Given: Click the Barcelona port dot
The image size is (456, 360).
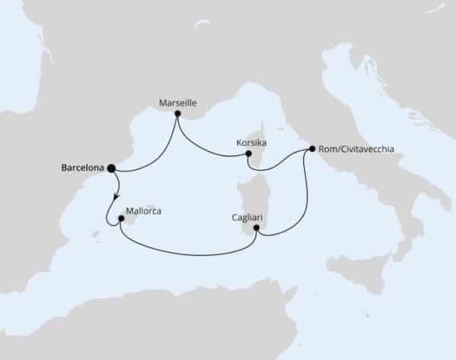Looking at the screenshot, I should [111, 168].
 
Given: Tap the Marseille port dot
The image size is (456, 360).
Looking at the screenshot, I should [177, 114].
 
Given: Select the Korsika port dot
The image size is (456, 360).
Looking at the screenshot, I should [249, 155].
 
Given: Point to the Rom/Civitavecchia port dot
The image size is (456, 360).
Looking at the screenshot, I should [310, 149].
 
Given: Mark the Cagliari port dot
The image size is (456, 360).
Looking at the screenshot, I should [257, 228].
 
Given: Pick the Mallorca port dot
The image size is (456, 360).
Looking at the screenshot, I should [121, 219].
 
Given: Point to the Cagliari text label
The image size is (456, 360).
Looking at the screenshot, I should [247, 216].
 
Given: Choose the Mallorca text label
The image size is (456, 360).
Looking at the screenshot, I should [147, 214].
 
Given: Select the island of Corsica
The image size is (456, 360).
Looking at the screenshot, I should [259, 149].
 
